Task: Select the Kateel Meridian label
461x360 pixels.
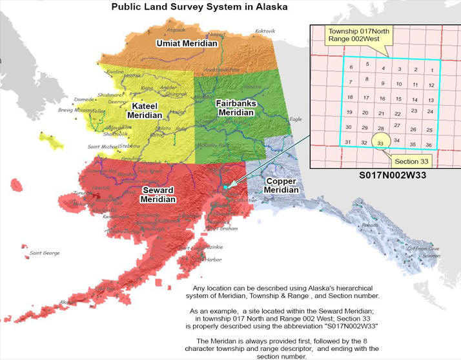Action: (148, 110)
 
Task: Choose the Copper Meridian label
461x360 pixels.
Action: (282, 186)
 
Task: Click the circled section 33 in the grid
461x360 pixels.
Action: (381, 144)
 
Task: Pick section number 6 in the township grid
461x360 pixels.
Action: (351, 67)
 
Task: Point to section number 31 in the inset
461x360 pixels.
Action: (348, 142)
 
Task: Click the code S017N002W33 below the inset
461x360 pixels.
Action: (385, 175)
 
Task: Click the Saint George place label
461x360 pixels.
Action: (44, 253)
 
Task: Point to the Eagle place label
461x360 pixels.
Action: (295, 119)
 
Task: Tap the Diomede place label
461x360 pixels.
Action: (84, 100)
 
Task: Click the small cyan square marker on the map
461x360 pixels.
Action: (225, 186)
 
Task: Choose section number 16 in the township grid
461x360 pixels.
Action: (382, 98)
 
